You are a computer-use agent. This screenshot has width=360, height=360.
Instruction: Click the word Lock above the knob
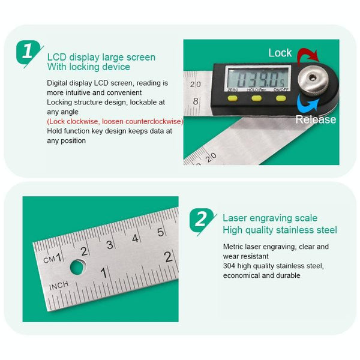[280, 53]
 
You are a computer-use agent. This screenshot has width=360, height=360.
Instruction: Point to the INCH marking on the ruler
[59, 285]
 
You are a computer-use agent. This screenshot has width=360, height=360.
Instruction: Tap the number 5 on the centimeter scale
[160, 232]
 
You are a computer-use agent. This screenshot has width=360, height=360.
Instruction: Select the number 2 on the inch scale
[169, 256]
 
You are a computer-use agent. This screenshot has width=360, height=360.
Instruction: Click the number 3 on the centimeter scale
[110, 244]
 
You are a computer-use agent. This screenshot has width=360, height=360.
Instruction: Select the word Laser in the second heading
[235, 218]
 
